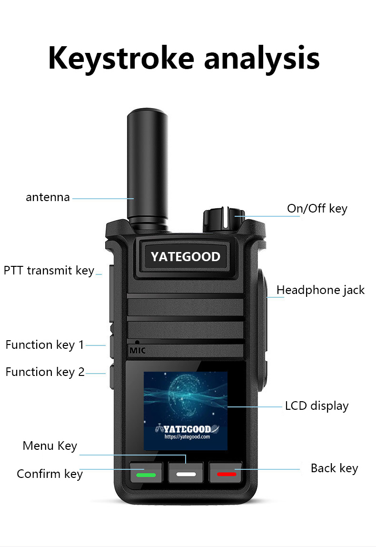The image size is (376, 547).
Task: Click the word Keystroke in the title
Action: tap(121, 59)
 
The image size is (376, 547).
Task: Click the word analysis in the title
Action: tap(262, 59)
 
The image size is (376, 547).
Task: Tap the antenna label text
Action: tap(48, 197)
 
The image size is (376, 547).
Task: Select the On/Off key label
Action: tap(317, 209)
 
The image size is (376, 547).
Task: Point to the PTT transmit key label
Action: tap(49, 271)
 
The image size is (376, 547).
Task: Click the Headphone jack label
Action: tap(320, 290)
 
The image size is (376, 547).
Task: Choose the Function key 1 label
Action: tap(45, 345)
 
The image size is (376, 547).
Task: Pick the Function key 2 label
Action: tap(45, 372)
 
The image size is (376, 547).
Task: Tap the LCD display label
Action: tap(317, 406)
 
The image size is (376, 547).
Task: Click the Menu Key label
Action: tap(50, 446)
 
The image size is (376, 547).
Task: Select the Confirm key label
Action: tap(49, 474)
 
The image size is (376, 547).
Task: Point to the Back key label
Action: tap(334, 468)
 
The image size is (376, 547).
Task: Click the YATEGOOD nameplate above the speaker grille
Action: tap(186, 257)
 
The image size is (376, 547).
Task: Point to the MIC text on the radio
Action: tap(138, 351)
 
